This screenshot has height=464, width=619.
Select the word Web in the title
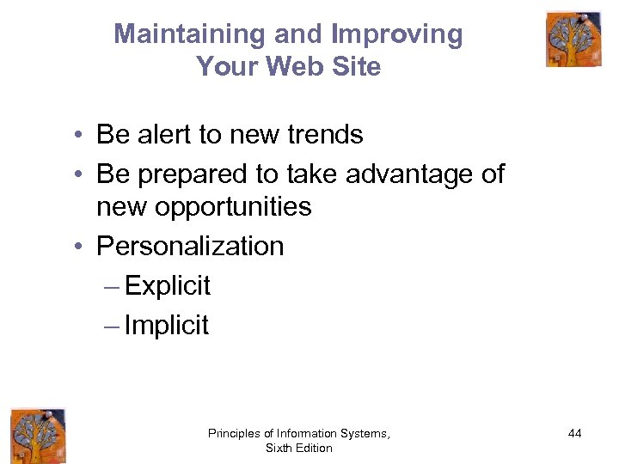pyautogui.click(x=297, y=66)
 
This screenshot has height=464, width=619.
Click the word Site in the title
pyautogui.click(x=355, y=66)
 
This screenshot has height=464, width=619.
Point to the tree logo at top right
pyautogui.click(x=573, y=39)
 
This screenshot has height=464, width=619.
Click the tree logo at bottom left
pyautogui.click(x=37, y=435)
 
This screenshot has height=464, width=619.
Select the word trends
pyautogui.click(x=320, y=135)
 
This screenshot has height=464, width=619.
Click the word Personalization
pyautogui.click(x=190, y=247)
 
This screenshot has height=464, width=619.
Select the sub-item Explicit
pyautogui.click(x=168, y=286)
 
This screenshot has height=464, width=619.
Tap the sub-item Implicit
pyautogui.click(x=167, y=326)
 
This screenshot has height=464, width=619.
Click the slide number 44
pyautogui.click(x=574, y=434)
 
